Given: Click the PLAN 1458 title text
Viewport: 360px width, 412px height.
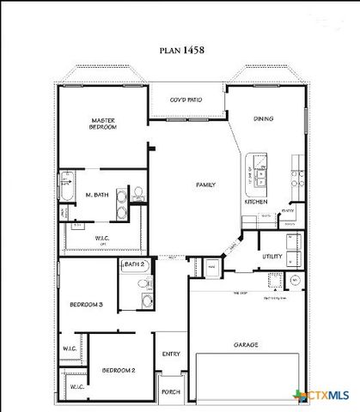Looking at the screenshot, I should pos(182,51).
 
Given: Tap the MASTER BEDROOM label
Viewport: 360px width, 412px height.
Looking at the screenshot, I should pos(103,123).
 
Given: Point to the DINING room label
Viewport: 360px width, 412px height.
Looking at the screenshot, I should pos(263,119).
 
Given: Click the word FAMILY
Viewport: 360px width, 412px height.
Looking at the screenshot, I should pos(205,185).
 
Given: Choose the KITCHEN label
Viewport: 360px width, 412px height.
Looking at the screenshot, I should pos(255,202).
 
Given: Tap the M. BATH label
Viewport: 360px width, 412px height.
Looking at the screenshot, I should pos(95,195).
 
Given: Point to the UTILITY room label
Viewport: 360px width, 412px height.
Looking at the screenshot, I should pos(272,256).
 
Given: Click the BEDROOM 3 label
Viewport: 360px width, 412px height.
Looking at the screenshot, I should pos(87,304).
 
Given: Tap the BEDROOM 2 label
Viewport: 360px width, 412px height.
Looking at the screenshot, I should pos(119,370).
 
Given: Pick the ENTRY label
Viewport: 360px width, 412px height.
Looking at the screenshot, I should pos(170,354).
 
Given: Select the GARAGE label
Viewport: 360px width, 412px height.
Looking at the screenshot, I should pos(247,345).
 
